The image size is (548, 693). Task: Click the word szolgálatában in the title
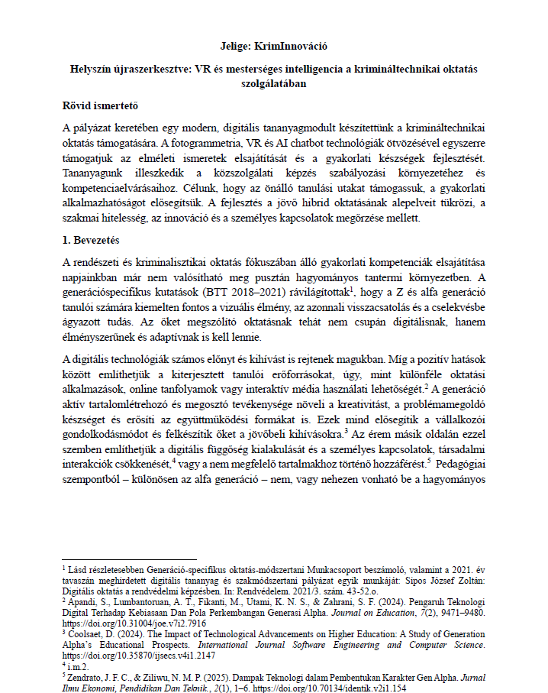pyautogui.click(x=273, y=85)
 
